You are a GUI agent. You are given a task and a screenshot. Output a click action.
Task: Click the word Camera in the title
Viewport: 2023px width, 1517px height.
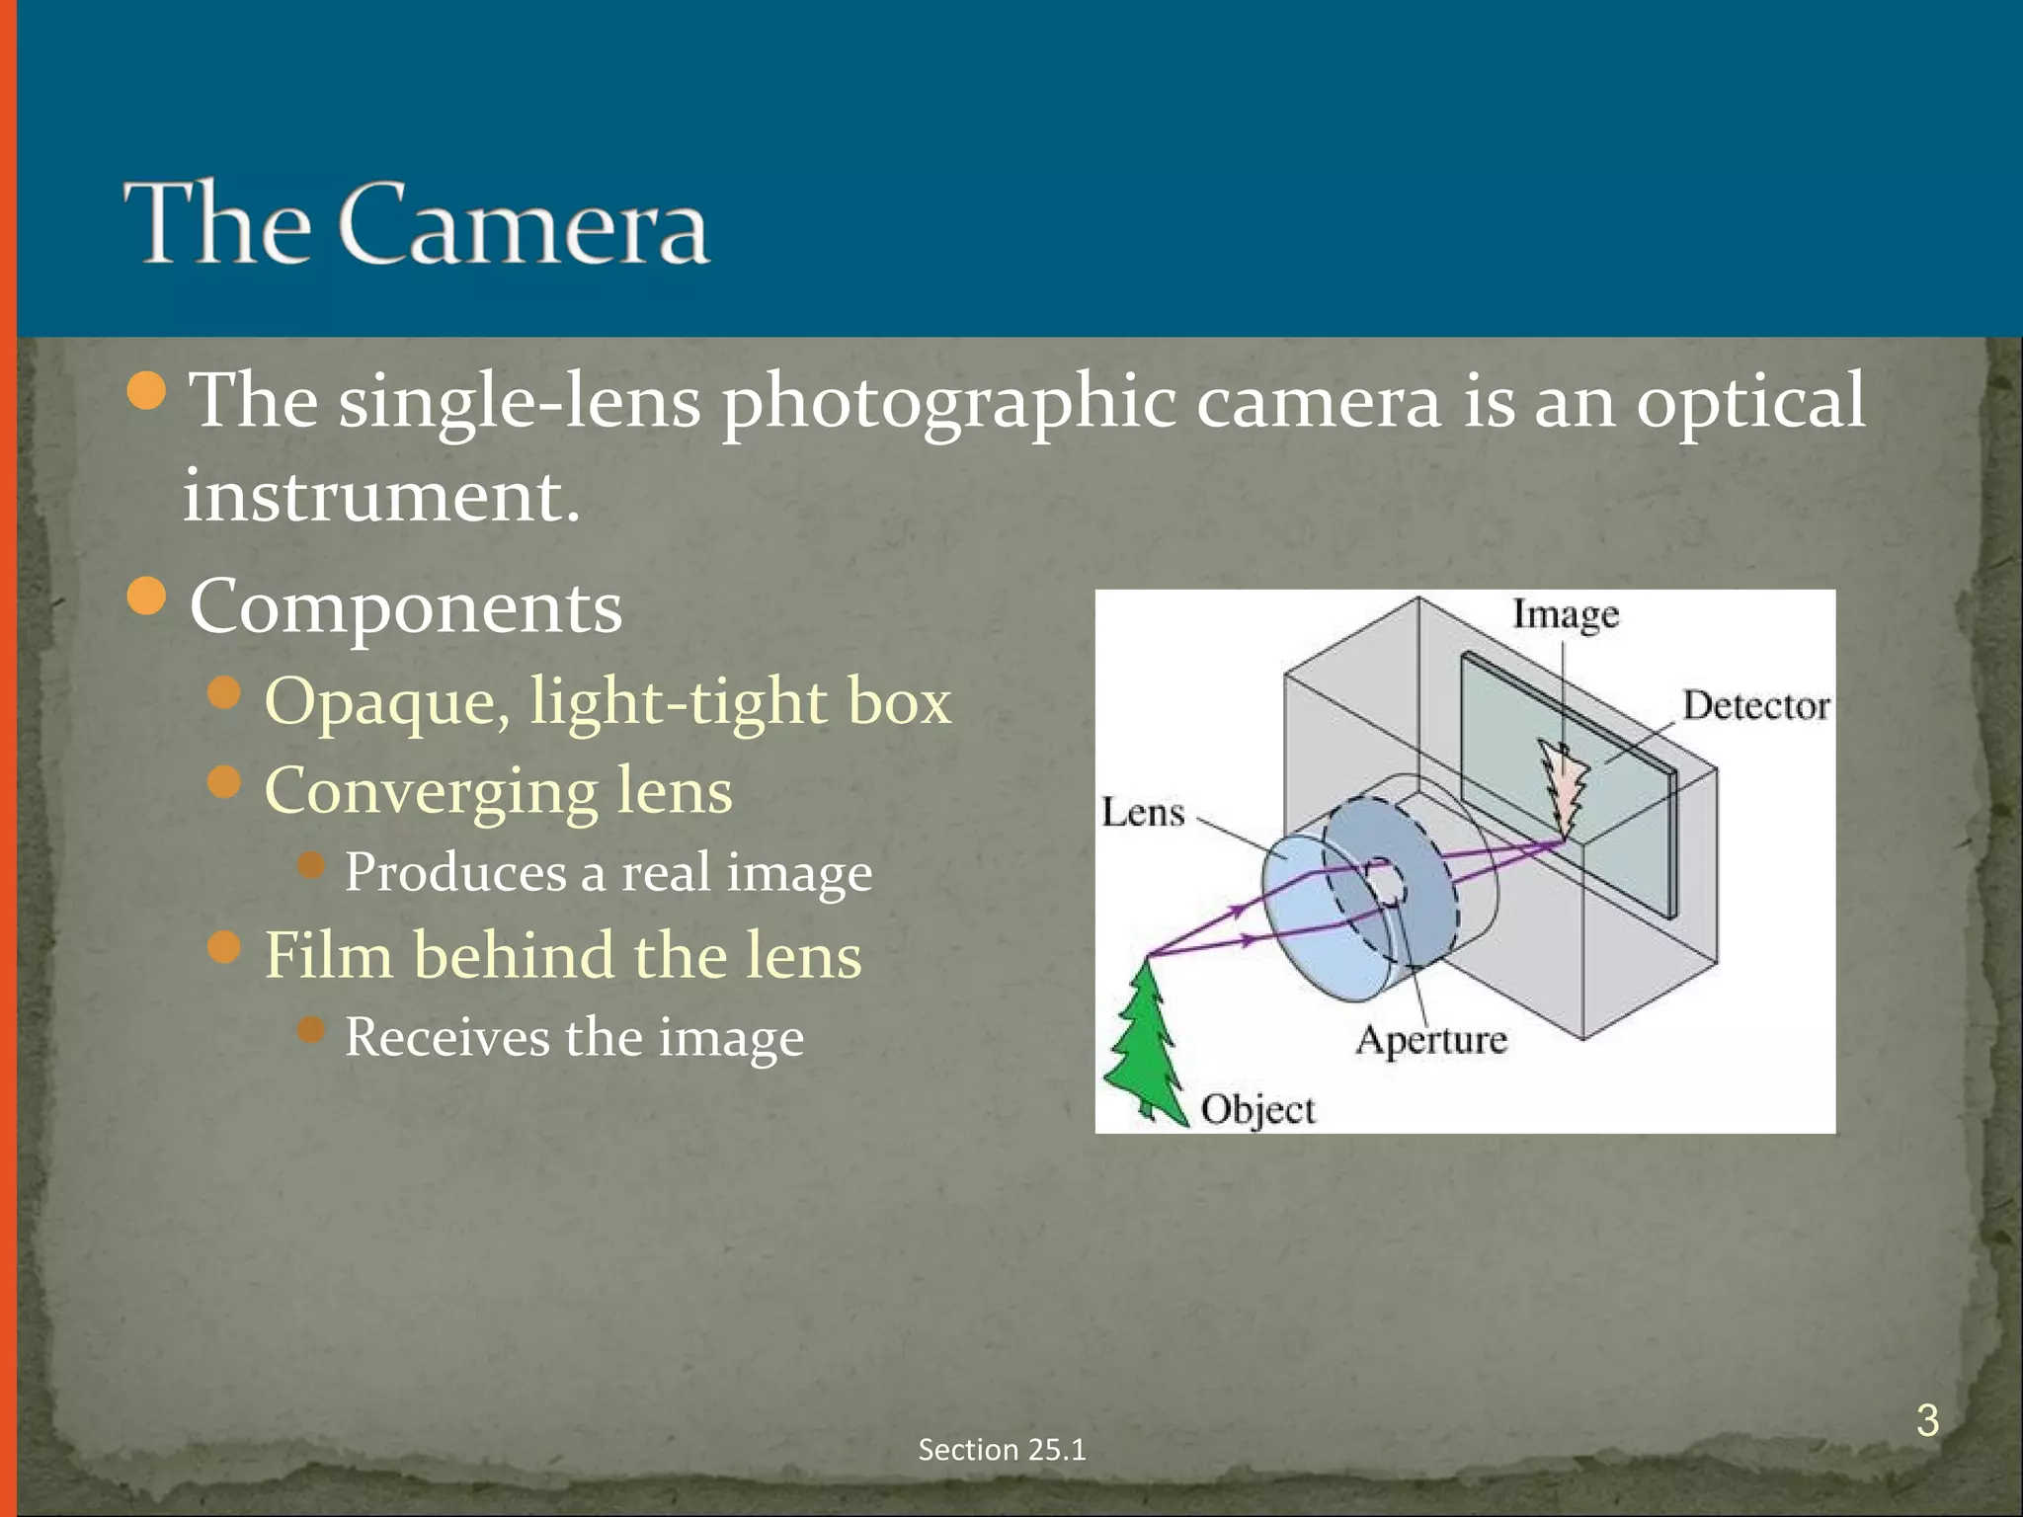[524, 225]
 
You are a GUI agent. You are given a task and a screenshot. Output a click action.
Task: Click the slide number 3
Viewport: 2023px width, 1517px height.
[1926, 1420]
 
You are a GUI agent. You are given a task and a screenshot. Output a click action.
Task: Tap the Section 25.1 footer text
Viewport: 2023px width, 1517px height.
[1002, 1449]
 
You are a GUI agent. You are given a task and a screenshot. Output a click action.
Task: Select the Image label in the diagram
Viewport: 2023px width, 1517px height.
[1566, 614]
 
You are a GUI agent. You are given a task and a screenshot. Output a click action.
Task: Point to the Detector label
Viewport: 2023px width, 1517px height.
[1755, 705]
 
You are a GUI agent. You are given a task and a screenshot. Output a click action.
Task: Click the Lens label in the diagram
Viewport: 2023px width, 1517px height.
[1143, 813]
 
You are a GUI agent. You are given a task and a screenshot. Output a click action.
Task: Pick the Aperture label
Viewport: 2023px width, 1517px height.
[1431, 1039]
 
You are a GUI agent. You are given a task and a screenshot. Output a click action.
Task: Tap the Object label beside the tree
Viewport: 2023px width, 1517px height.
[1257, 1109]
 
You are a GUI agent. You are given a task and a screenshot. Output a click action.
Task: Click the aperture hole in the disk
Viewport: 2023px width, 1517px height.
[1384, 882]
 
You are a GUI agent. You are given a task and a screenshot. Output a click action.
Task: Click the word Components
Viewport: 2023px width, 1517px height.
[406, 605]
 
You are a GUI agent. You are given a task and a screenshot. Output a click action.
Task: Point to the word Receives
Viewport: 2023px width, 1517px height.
[448, 1037]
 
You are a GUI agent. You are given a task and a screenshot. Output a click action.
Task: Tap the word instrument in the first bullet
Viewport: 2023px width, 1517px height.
[381, 495]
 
